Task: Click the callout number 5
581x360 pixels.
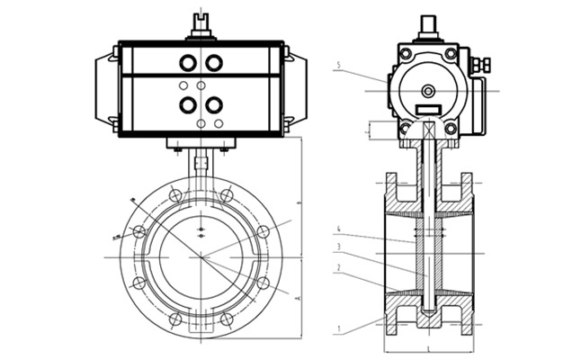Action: pyautogui.click(x=337, y=65)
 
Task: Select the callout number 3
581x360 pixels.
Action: pyautogui.click(x=337, y=247)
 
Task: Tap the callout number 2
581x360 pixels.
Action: pyautogui.click(x=337, y=267)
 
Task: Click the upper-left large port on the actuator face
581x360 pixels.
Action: pyautogui.click(x=188, y=63)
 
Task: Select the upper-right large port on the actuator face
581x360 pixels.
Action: pyautogui.click(x=213, y=63)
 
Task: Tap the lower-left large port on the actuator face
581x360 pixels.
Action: pyautogui.click(x=188, y=104)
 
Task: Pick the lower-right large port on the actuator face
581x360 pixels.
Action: pyautogui.click(x=213, y=104)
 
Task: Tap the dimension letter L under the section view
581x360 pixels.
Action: pyautogui.click(x=429, y=346)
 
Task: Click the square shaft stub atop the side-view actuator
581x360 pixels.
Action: pyautogui.click(x=428, y=24)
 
